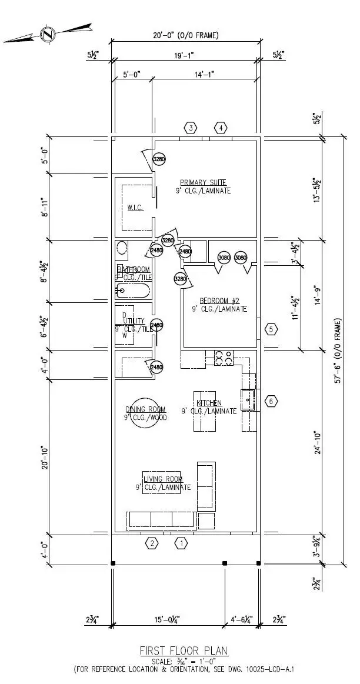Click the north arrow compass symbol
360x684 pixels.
coord(46,34)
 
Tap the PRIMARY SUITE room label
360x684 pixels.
coord(203,182)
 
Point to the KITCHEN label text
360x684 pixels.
coord(209,403)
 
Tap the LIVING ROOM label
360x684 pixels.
coord(163,479)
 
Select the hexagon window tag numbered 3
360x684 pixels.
coord(191,128)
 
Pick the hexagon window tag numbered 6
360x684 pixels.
coord(271,402)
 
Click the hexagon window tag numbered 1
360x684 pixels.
coord(181,543)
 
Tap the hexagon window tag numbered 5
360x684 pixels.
coord(271,329)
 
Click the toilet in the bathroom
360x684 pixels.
coord(122,248)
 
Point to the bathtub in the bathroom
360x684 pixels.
coord(133,289)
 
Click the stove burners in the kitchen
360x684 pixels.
coord(224,356)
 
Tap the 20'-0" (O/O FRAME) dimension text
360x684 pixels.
coord(185,35)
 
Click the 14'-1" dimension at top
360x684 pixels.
coord(205,74)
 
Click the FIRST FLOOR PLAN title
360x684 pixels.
coord(184,650)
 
